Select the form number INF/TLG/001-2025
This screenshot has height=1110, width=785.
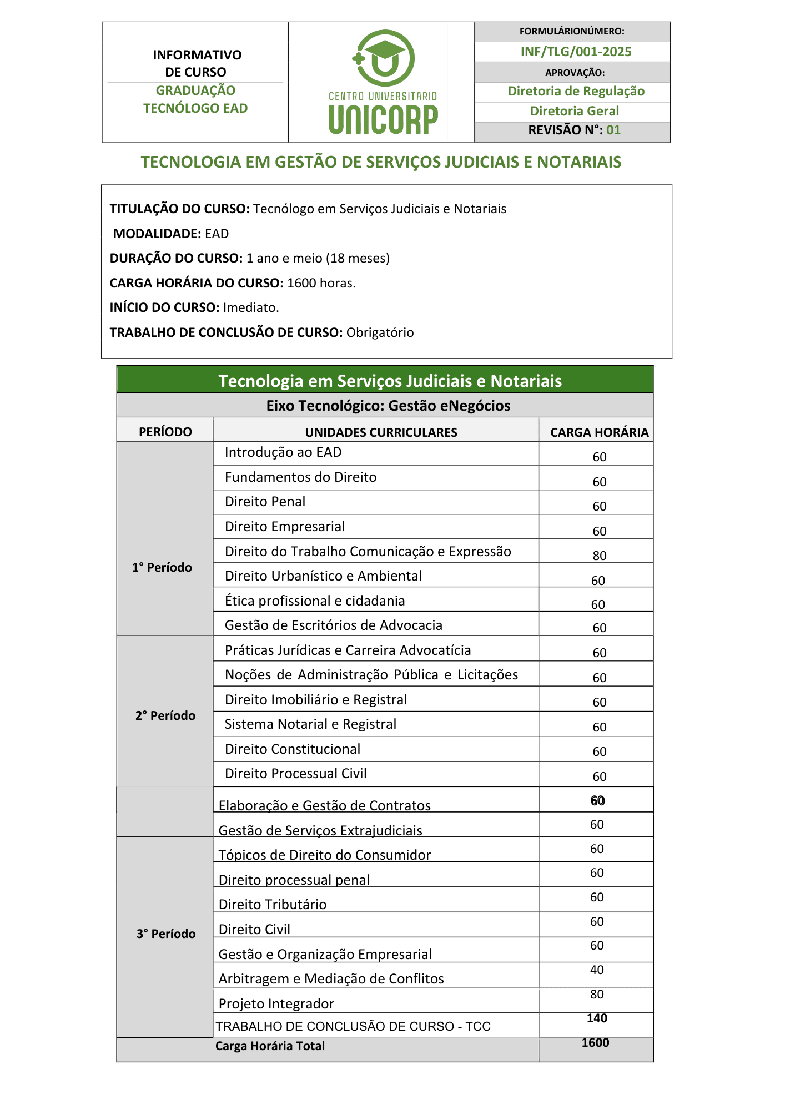tap(576, 52)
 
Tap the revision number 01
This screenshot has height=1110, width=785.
tap(613, 130)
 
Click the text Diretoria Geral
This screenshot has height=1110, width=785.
tap(574, 111)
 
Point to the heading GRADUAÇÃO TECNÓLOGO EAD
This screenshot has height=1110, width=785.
tap(195, 99)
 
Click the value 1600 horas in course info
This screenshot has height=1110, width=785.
tap(321, 283)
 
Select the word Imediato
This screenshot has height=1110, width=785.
tap(251, 307)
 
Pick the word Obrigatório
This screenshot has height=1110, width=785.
tap(380, 332)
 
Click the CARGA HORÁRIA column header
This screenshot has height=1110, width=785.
tap(599, 432)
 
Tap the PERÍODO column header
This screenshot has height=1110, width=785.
tap(165, 432)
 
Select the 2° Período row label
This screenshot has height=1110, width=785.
tap(165, 715)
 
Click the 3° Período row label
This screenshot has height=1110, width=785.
tap(166, 934)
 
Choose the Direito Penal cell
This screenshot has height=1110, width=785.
tap(265, 502)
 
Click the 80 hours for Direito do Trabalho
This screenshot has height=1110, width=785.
tap(600, 556)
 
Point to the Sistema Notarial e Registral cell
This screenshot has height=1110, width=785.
tap(310, 724)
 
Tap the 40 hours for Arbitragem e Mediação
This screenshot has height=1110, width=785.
tap(597, 970)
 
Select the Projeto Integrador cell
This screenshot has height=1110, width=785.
tap(276, 1003)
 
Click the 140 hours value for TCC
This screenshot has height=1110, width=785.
tap(597, 1018)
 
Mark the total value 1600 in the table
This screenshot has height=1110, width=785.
tap(595, 1042)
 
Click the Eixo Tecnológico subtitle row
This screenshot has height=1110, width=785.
tap(388, 406)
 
